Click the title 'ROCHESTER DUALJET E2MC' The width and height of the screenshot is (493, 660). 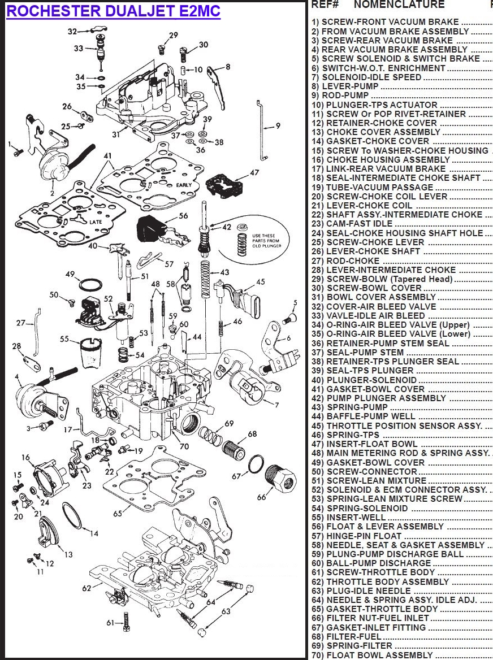coord(113,11)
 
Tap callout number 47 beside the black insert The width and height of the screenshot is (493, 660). coord(254,172)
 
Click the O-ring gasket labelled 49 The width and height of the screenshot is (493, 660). coord(90,285)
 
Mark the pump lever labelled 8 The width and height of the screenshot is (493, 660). coord(217,86)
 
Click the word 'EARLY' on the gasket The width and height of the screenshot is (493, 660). coord(184,185)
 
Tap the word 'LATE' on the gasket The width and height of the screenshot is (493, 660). coord(95,222)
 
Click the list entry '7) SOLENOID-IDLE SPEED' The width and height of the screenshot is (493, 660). coord(366,77)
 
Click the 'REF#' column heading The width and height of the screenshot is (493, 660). coord(325,5)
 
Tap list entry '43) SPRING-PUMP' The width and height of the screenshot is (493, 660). coord(349,407)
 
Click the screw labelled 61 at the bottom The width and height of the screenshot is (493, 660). coord(125,621)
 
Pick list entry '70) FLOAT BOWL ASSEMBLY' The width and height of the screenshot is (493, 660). coord(372,655)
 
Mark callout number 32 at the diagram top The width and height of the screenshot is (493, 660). coord(72,31)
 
